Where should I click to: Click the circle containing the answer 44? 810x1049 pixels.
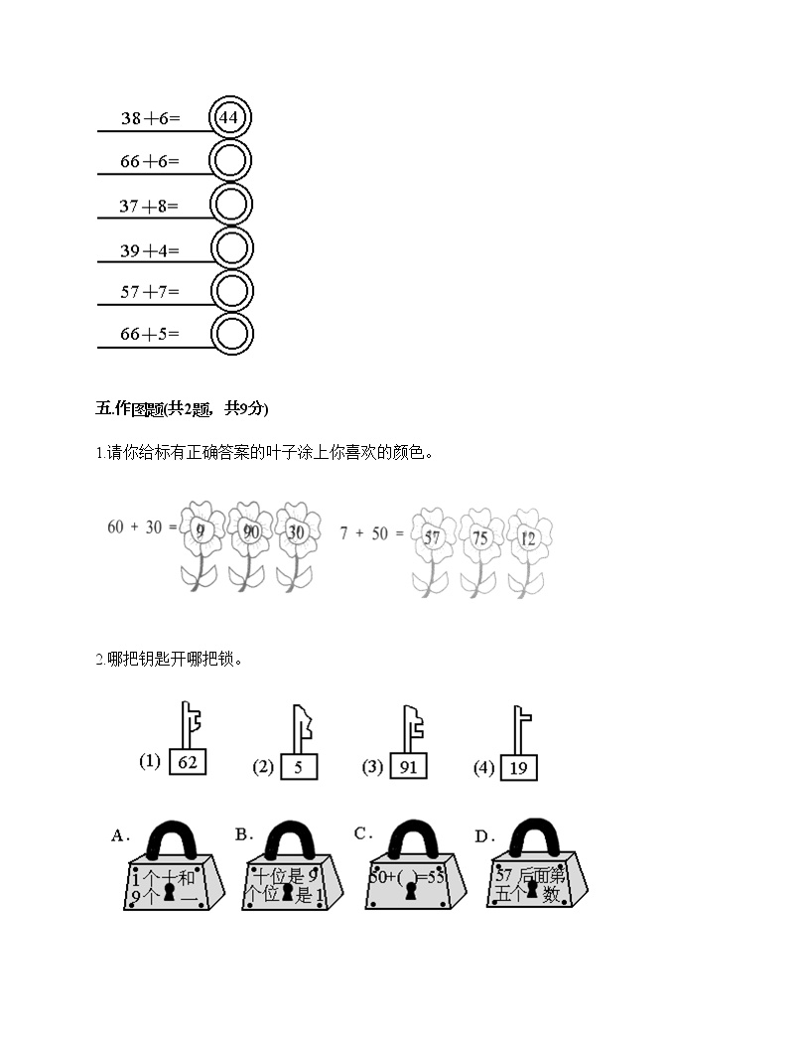[229, 118]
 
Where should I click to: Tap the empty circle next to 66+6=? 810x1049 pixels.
[231, 161]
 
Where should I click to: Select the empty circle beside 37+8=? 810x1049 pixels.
[231, 205]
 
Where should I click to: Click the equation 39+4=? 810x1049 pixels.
[150, 250]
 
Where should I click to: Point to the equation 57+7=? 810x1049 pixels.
[150, 292]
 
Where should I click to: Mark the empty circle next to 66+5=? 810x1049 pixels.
[231, 335]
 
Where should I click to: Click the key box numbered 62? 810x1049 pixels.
[188, 762]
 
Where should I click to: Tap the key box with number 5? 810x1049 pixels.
[298, 767]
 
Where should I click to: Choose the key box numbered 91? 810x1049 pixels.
[407, 767]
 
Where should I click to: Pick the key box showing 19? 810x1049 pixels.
[518, 767]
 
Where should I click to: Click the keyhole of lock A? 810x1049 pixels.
[170, 893]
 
